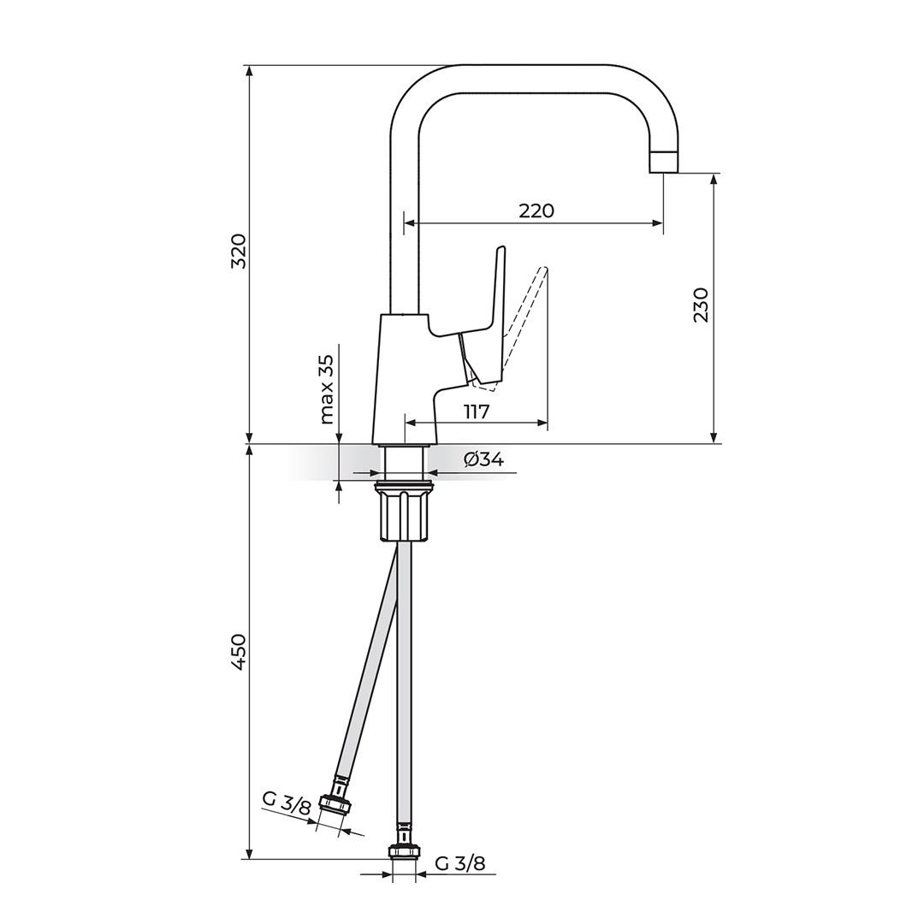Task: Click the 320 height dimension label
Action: [x=239, y=251]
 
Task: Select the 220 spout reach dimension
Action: [x=536, y=210]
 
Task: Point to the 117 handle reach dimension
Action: [x=477, y=412]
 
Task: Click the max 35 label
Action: [x=327, y=389]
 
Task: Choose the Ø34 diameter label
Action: [x=483, y=459]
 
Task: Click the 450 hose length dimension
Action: [x=239, y=652]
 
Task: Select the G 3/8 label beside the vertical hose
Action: [x=460, y=863]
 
